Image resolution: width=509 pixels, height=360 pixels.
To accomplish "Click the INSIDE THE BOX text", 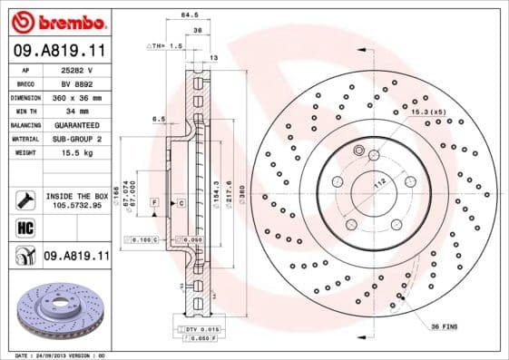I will (76, 196).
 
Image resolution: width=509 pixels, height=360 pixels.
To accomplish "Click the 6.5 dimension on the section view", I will (159, 119).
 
